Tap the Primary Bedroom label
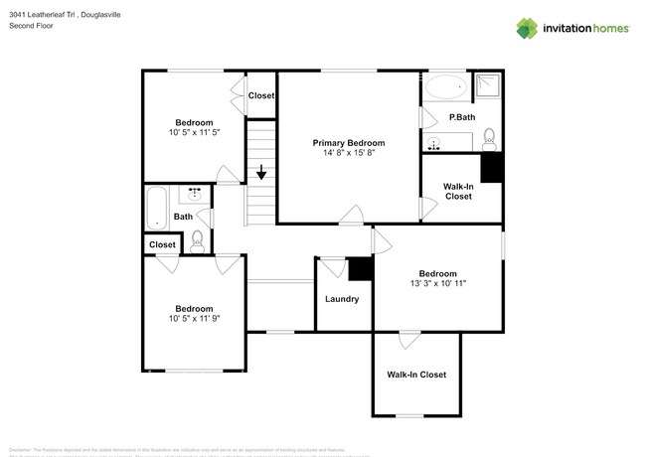[x=348, y=143]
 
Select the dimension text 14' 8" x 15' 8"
[x=348, y=154]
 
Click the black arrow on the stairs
[x=261, y=174]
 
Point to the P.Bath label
[x=461, y=118]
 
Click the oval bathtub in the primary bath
[x=445, y=87]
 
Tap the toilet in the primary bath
[x=487, y=137]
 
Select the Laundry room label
[x=341, y=299]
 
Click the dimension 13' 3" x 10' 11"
[x=437, y=284]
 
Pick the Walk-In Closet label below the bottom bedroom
[x=416, y=375]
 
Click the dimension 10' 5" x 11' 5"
[x=194, y=132]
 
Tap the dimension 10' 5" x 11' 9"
[x=194, y=319]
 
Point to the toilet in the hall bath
[x=197, y=238]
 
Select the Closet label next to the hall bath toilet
[x=162, y=244]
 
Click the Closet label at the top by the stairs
[x=261, y=95]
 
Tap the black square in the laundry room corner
[x=360, y=267]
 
